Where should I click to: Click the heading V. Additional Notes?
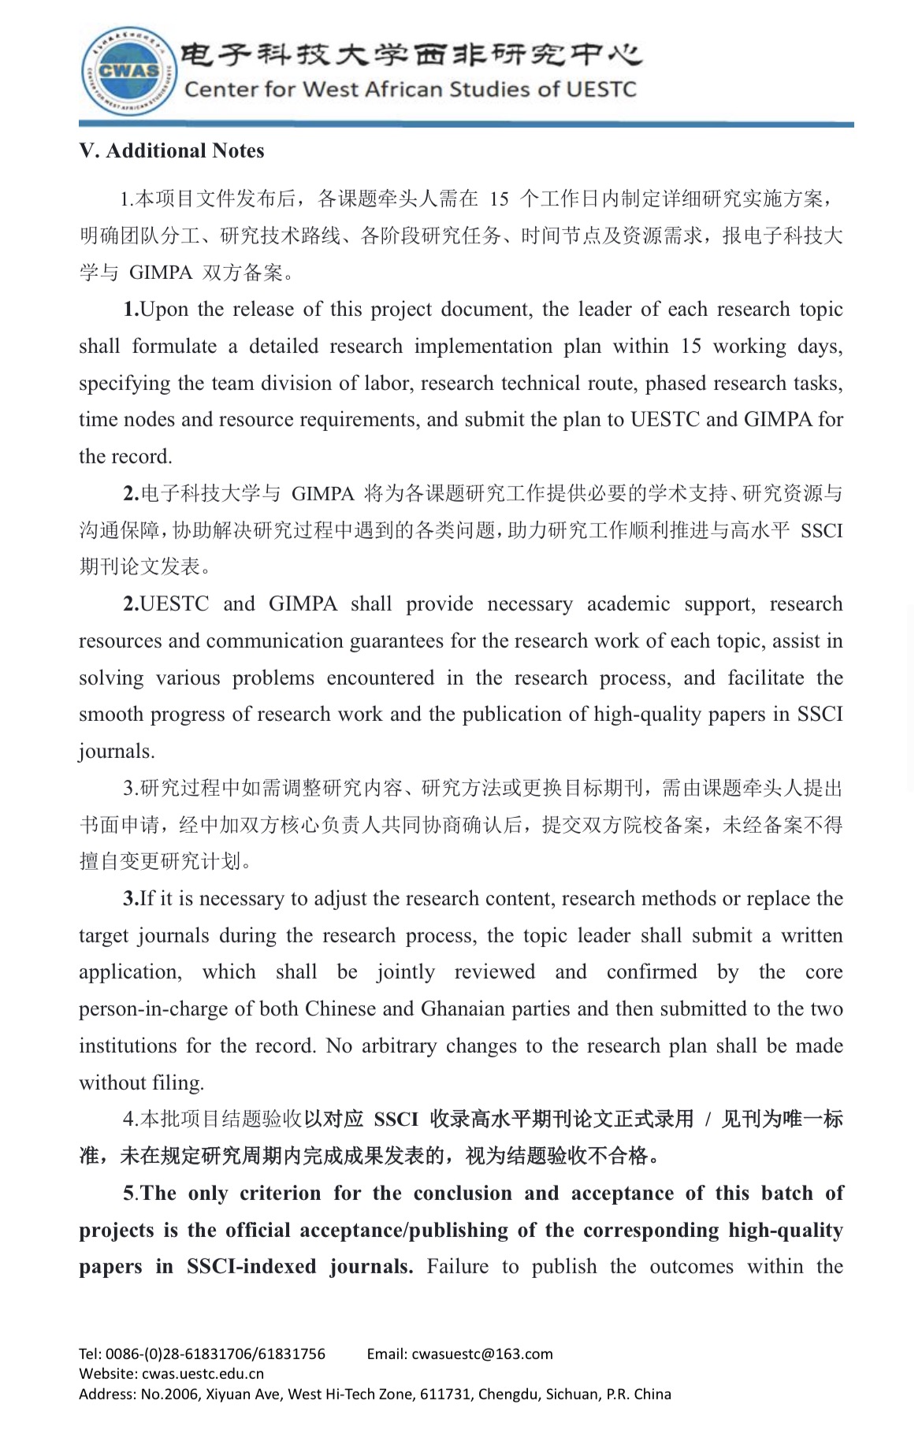[172, 150]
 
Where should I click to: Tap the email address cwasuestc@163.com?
[481, 1354]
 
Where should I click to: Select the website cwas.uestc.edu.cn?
[203, 1374]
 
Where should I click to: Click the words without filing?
[142, 1083]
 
